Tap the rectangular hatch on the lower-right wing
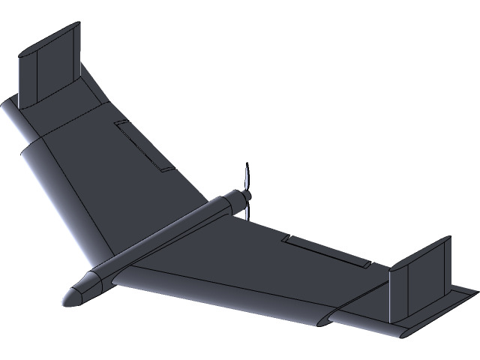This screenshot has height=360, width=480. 326,250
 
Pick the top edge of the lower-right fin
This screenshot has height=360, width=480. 420,251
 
